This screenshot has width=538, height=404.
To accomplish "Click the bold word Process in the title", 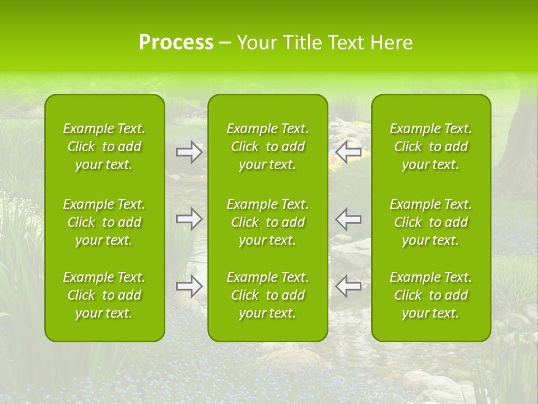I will (x=176, y=43).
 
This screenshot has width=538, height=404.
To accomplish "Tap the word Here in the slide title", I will (x=392, y=43).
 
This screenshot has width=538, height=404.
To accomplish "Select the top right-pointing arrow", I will (x=189, y=153).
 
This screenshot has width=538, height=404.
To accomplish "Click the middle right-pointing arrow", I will (x=189, y=219).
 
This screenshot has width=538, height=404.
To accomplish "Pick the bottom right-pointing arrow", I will (x=189, y=286).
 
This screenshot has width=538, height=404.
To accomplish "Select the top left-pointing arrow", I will (x=349, y=153).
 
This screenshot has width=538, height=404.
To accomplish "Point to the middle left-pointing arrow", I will (x=349, y=219).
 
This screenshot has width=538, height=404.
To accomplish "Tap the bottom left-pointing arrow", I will (x=349, y=286).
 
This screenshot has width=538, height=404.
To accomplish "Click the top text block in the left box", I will (x=104, y=146).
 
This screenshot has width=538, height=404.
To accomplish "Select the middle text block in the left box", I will (x=104, y=222).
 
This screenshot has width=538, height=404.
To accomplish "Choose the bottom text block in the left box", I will (x=104, y=295).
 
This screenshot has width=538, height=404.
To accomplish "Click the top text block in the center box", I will (x=268, y=146).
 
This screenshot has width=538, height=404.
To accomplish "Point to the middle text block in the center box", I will (x=268, y=222).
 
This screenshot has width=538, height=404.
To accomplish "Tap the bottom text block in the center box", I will (x=268, y=295).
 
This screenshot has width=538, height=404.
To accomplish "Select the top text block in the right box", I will (x=431, y=146).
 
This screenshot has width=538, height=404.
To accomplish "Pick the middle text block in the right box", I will (x=431, y=222).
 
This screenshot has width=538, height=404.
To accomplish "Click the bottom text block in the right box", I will (x=431, y=295).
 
